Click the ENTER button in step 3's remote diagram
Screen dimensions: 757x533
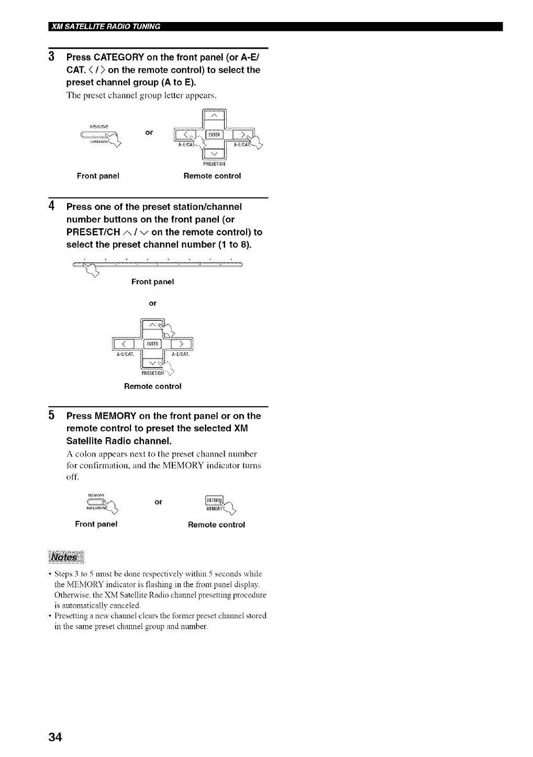[213, 134]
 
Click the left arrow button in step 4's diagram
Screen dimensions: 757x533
[124, 344]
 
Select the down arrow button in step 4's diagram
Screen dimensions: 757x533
[153, 363]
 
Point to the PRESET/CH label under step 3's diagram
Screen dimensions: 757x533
[213, 163]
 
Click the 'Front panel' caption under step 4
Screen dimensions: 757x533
[152, 282]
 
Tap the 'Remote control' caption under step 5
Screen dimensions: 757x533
[216, 525]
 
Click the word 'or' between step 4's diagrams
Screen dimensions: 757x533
[152, 303]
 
